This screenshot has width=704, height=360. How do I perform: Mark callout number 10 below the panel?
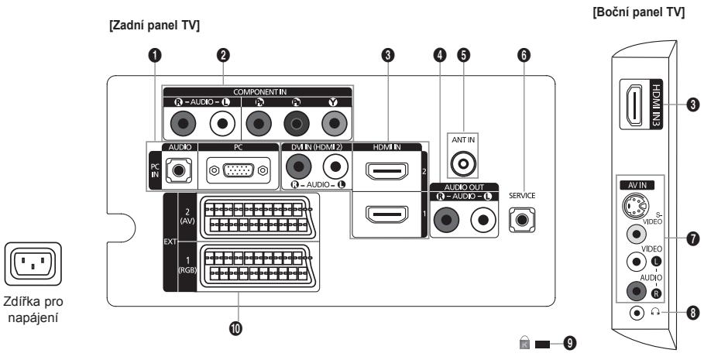(237, 328)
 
